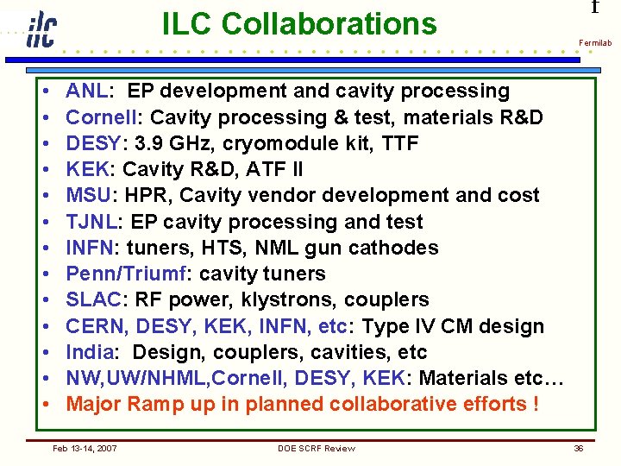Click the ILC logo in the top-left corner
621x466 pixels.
tap(41, 30)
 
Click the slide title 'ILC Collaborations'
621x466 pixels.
tap(299, 24)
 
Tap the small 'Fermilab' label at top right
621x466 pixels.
tap(595, 42)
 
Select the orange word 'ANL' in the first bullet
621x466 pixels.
tap(86, 91)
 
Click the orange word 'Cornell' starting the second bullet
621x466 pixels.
tap(98, 117)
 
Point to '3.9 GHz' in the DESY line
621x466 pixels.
tap(176, 143)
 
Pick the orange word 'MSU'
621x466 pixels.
tap(87, 195)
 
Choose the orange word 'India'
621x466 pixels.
tap(90, 352)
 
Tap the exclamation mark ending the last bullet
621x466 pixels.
tap(536, 404)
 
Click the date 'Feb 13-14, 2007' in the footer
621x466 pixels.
tap(85, 448)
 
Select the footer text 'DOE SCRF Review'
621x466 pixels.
tap(317, 448)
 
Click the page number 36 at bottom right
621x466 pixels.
tap(579, 448)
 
